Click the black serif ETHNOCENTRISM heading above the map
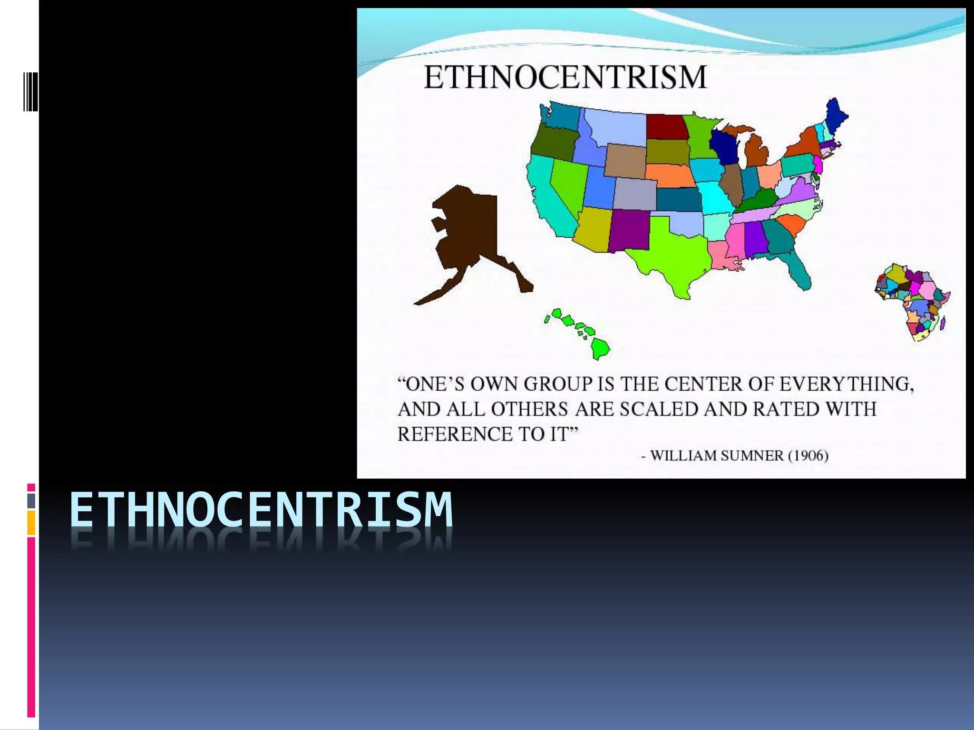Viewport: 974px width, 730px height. (x=565, y=77)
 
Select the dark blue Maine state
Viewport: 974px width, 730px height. (x=835, y=116)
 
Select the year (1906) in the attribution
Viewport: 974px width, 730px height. (x=808, y=456)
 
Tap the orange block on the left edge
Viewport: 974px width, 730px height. (x=31, y=523)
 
